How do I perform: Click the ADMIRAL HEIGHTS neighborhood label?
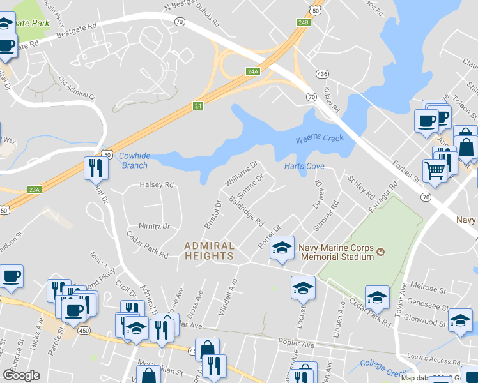click(209, 250)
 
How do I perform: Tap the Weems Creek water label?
click(320, 139)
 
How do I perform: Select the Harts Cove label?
click(304, 167)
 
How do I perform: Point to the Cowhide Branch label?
click(134, 160)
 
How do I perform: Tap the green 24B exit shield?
click(303, 22)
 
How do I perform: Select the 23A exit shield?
click(34, 190)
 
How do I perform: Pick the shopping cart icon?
click(435, 170)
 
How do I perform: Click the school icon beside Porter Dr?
click(281, 248)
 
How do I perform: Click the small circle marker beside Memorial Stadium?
click(381, 252)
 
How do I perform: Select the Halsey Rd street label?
click(157, 185)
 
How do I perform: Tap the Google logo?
click(22, 375)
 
